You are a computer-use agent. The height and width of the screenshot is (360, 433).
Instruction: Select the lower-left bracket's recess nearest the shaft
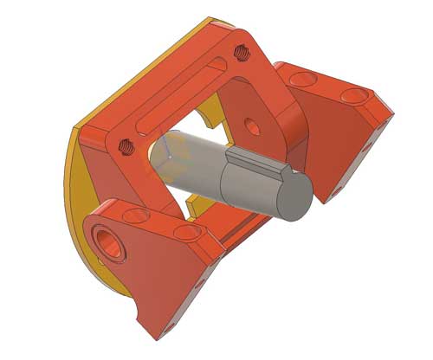184,232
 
